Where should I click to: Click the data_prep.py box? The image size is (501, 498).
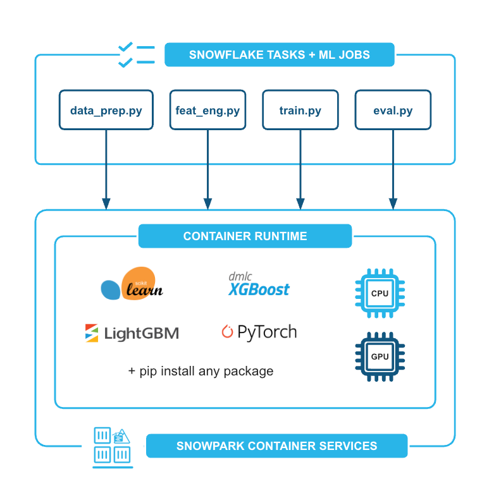coord(106,110)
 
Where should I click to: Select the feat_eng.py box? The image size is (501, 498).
coord(207,110)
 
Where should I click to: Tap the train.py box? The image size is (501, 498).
coord(300,110)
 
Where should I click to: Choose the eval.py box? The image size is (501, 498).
coord(393,110)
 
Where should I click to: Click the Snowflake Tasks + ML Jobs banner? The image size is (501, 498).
coord(280,55)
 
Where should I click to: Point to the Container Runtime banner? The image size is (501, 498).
coord(245,236)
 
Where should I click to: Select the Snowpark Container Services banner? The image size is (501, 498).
coord(276,446)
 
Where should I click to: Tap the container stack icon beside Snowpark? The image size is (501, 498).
coord(112,446)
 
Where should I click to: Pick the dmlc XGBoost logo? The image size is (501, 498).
coord(258,285)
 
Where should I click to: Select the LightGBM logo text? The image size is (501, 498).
coord(140,333)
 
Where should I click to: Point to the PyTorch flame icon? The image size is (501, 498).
coord(227,331)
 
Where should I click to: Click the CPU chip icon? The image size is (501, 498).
coord(380,293)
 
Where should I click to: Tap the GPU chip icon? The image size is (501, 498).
coord(380,356)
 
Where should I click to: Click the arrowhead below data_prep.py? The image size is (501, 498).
coord(106,203)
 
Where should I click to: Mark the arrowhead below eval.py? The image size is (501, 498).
coord(393,203)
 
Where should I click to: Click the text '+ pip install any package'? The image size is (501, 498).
coord(201,371)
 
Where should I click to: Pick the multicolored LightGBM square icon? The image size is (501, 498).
coord(92,333)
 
